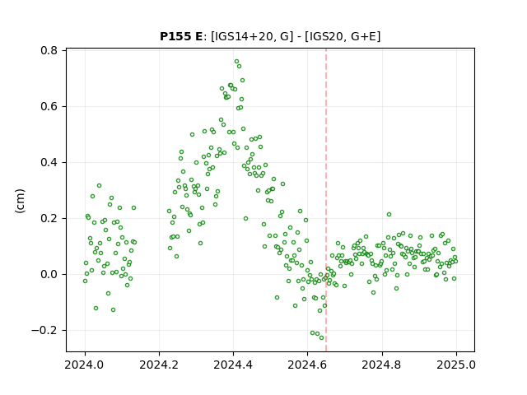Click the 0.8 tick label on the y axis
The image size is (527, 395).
click(49, 50)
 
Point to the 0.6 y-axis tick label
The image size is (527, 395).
click(49, 106)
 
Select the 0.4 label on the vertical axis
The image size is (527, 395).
click(49, 163)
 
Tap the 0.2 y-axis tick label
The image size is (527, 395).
click(49, 219)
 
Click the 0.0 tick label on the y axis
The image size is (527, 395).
click(49, 274)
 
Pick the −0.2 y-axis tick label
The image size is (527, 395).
click(44, 331)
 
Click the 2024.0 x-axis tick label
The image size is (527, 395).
click(85, 365)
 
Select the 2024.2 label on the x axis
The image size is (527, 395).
click(159, 365)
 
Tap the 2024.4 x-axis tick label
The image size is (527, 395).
click(233, 365)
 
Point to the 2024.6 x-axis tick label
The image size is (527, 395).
click(307, 365)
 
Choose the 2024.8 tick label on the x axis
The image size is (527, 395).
click(382, 365)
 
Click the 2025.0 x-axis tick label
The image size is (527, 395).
click(456, 365)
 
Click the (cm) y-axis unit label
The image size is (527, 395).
click(20, 201)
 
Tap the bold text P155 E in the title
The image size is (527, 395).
click(181, 36)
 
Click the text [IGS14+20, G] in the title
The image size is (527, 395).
click(250, 36)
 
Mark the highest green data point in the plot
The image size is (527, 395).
click(236, 62)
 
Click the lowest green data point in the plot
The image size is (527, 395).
click(322, 338)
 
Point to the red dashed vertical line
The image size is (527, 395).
click(326, 200)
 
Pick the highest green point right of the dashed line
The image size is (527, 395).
click(389, 214)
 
